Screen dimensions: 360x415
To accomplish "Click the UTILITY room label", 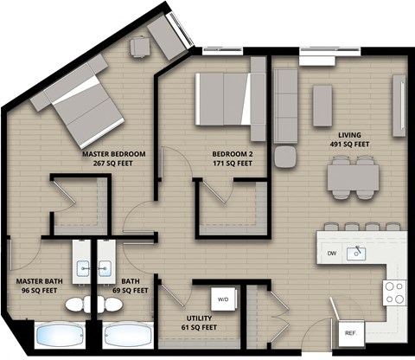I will point(199,320).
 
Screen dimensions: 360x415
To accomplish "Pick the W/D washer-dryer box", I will point(222,299).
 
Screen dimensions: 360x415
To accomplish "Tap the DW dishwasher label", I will point(332,254).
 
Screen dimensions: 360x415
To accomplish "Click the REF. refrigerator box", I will point(351,332).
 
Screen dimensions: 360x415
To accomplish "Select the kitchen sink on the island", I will point(357,253).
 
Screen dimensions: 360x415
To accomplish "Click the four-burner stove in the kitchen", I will point(395,292).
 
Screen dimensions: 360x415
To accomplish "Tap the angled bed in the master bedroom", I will point(85,108).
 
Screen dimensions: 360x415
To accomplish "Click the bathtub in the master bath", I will point(60,336).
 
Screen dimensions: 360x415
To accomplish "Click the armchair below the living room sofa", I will point(284,157).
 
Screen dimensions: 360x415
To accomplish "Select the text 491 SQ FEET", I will point(350,145).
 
